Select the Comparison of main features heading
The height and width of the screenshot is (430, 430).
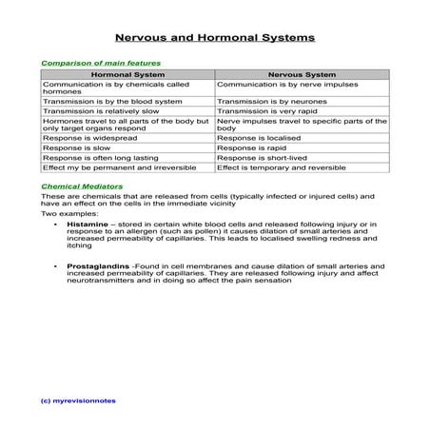[101, 63]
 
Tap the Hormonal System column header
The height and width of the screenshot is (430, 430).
[127, 73]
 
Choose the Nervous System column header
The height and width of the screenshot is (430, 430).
[303, 73]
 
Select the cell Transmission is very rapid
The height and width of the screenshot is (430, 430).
[270, 110]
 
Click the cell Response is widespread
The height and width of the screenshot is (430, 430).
[87, 139]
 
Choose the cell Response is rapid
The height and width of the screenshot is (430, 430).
[251, 148]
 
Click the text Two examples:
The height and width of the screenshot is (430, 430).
[63, 214]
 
